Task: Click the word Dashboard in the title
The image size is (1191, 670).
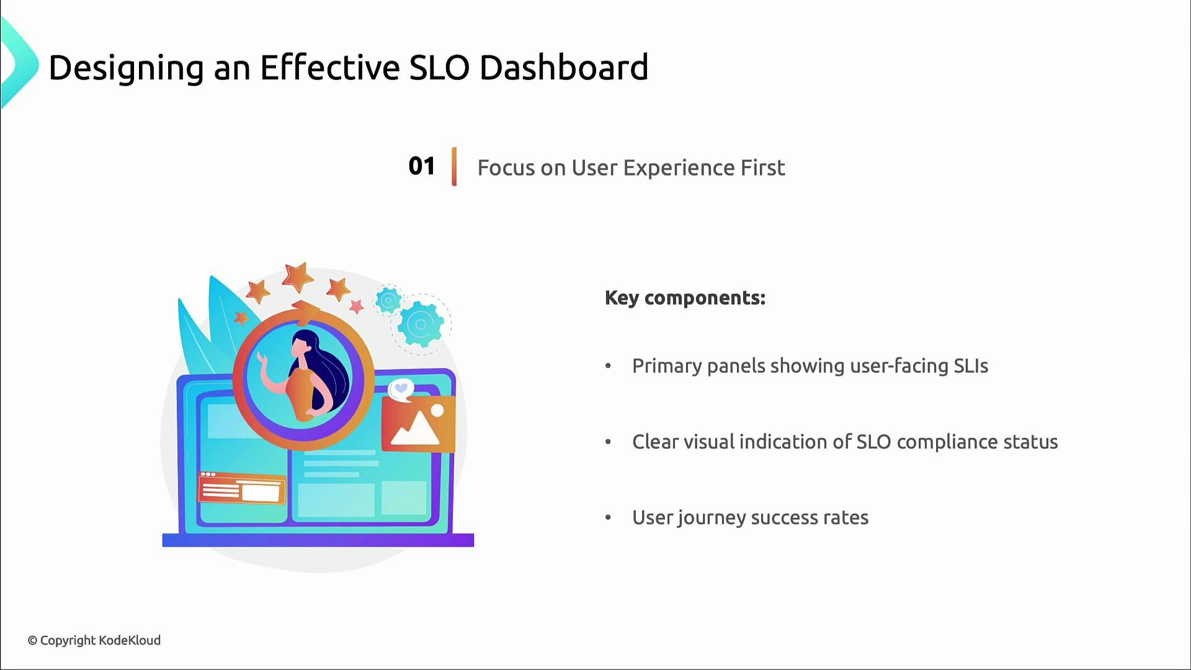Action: click(x=563, y=68)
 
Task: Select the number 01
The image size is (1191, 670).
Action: click(x=421, y=166)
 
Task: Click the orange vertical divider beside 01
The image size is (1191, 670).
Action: click(x=454, y=166)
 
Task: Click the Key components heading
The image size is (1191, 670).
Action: click(x=685, y=298)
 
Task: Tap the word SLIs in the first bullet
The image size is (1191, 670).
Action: click(x=971, y=366)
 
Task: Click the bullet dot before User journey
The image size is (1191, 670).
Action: click(x=608, y=517)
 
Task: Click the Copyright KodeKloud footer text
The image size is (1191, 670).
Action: click(x=94, y=640)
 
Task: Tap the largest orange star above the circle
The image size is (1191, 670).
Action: click(x=298, y=277)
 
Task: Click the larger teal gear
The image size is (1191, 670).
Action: click(x=421, y=324)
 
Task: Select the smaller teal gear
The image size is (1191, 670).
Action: click(x=389, y=301)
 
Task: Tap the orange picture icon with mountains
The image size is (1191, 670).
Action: click(x=417, y=424)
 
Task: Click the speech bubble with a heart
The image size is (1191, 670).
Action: click(x=401, y=390)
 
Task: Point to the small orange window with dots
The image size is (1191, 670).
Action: click(x=242, y=488)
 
